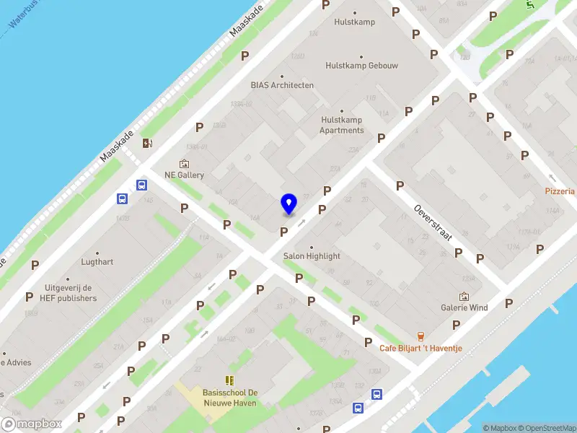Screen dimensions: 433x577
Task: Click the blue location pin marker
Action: [288, 204]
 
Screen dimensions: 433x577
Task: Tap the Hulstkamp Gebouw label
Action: [361, 66]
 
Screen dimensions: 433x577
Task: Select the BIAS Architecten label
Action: [282, 85]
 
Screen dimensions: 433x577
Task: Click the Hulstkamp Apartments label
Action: [342, 126]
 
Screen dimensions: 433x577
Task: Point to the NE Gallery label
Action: [184, 175]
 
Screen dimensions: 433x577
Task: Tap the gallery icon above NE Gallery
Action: [184, 164]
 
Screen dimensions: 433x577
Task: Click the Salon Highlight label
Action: [312, 256]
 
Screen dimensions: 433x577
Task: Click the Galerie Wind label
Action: [464, 307]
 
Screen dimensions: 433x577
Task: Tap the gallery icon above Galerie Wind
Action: [464, 297]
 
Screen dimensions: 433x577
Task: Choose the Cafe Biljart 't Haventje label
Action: [420, 349]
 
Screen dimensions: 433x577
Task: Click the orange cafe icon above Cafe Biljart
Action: [420, 336]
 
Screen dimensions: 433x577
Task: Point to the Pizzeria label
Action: [560, 191]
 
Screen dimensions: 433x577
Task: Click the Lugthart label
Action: [97, 262]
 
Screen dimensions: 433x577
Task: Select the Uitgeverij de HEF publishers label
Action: [69, 293]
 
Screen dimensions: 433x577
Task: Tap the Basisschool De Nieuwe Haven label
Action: [230, 398]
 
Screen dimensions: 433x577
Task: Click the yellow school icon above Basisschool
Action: [230, 380]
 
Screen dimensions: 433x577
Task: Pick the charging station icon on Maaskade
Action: [147, 143]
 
